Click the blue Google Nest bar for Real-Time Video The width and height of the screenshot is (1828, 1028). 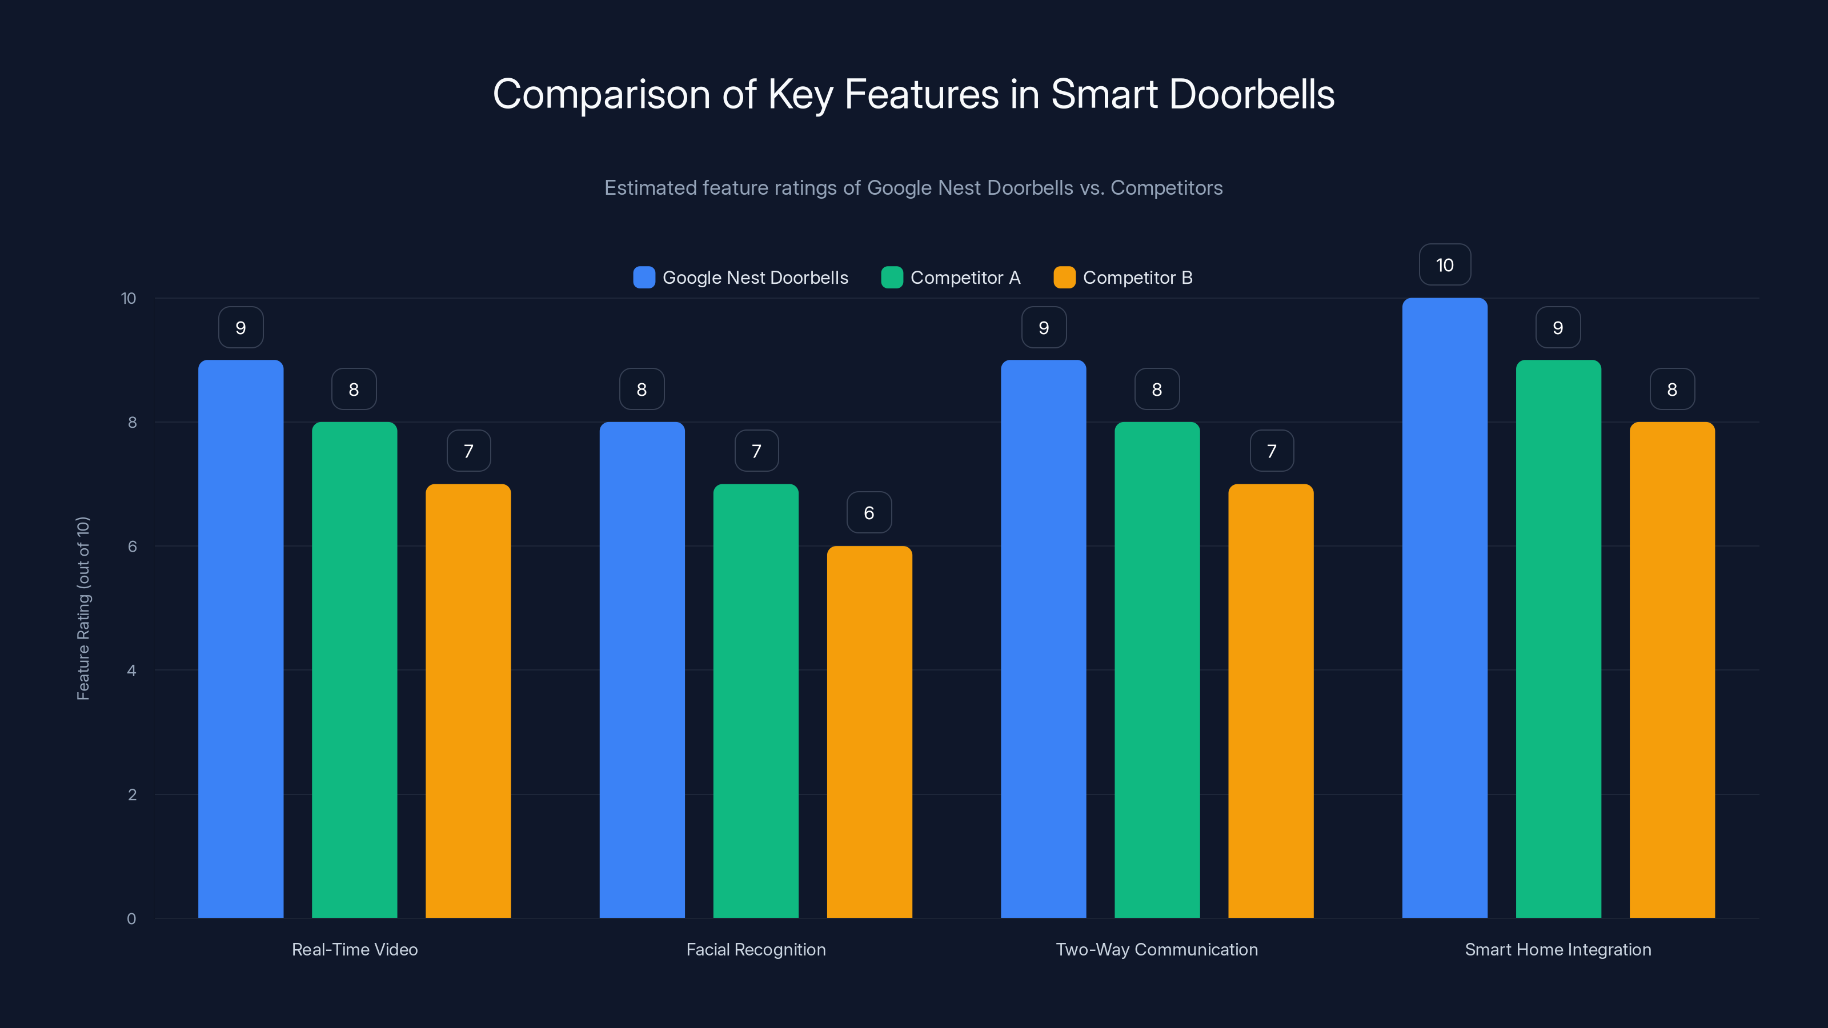[240, 639]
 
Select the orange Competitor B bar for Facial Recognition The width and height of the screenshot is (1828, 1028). [869, 731]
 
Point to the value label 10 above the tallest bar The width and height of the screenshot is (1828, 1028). [1445, 264]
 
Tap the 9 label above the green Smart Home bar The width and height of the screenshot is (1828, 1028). [1558, 327]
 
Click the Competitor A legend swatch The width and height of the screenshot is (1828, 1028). [892, 278]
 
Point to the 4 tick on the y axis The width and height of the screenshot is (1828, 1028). [131, 670]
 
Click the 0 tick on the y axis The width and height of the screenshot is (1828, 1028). [131, 919]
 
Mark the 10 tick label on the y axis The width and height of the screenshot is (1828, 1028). [129, 298]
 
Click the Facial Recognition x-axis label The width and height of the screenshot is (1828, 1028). [756, 949]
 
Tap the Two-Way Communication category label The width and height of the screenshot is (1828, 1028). [1157, 949]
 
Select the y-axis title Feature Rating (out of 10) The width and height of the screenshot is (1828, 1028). [83, 608]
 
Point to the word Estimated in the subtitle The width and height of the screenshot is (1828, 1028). [650, 187]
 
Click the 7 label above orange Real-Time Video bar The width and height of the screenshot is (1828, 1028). [468, 451]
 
